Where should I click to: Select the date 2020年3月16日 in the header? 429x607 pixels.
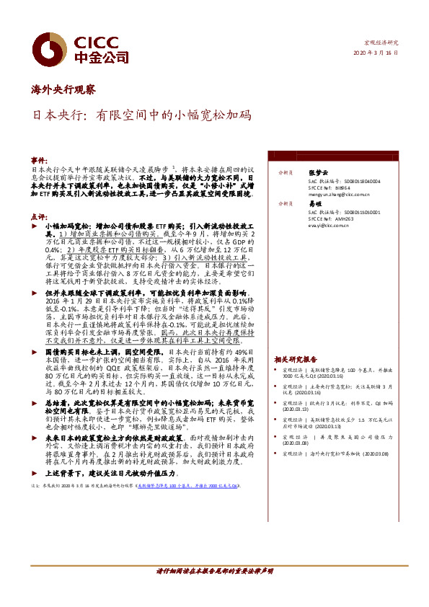pos(376,53)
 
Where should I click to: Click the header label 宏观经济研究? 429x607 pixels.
pos(380,43)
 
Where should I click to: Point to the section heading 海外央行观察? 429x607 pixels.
pos(63,89)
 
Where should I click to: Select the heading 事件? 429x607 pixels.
pos(39,158)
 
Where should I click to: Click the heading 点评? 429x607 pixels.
pos(39,216)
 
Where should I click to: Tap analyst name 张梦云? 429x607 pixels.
pos(318,172)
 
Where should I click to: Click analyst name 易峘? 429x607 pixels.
pos(314,204)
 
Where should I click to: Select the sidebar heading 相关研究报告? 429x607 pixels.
pos(296,359)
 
